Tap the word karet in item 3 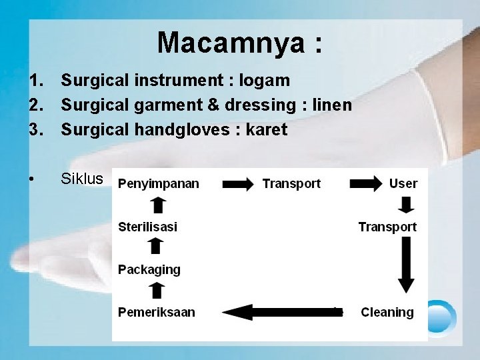coord(266,130)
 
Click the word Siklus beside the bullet coord(82,179)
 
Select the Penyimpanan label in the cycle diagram coord(159,184)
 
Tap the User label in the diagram coord(403,183)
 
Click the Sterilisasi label coord(147,227)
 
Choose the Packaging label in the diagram coord(149,270)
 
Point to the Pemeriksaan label coord(157,312)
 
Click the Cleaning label coord(387,312)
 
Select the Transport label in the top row coord(291,183)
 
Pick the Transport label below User coord(387,227)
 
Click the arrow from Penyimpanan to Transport coord(238,184)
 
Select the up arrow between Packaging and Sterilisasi coord(155,247)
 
